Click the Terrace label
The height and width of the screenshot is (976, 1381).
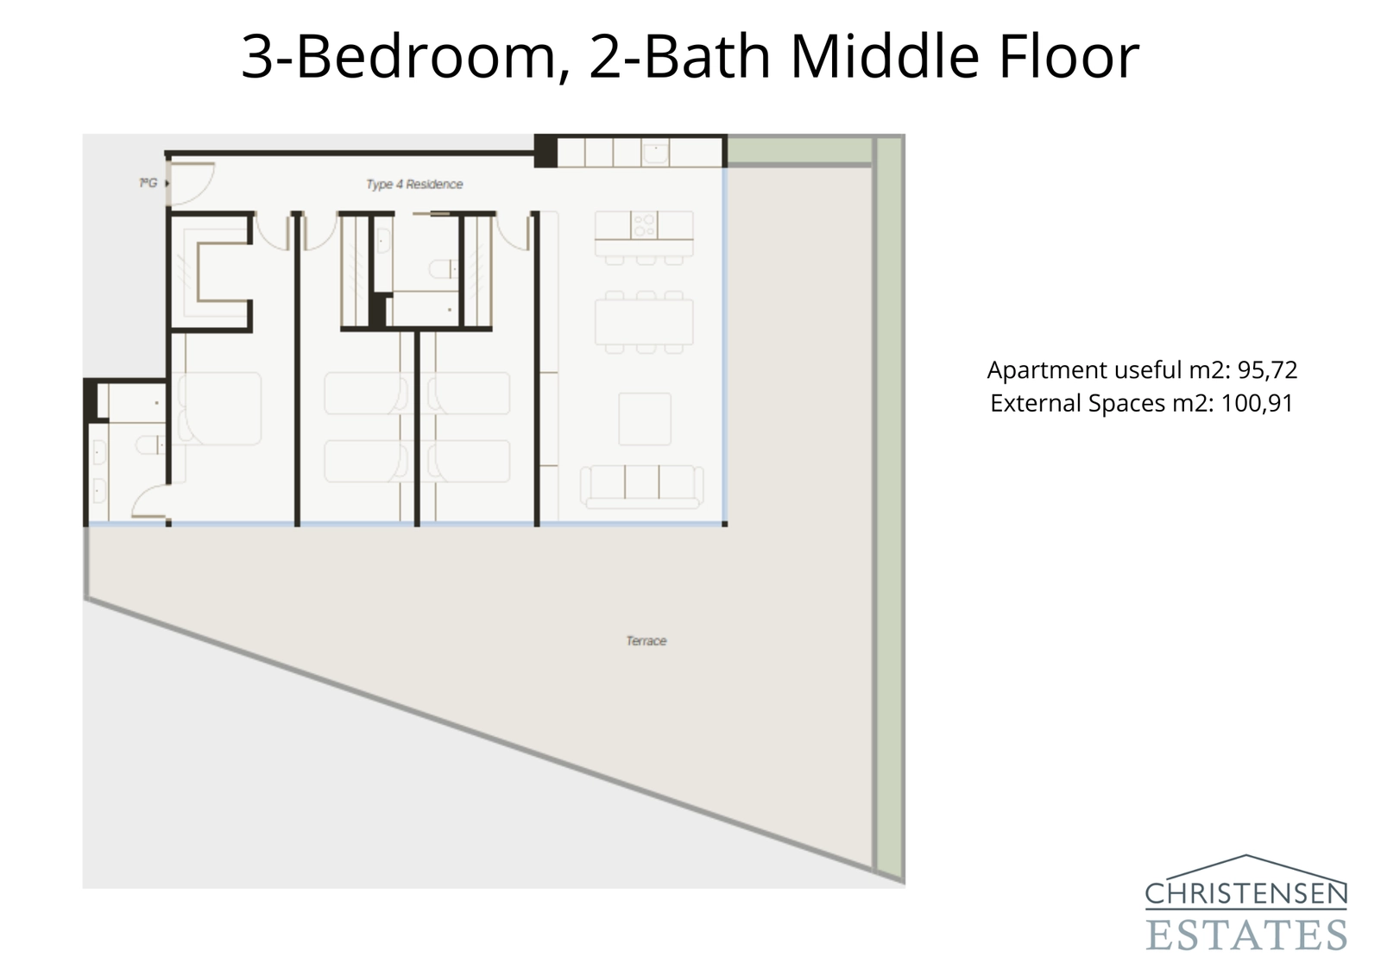click(x=646, y=641)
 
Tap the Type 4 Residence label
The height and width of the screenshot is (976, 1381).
click(x=414, y=184)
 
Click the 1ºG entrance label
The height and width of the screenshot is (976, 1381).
click(x=148, y=183)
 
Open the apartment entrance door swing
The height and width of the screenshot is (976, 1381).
click(x=188, y=185)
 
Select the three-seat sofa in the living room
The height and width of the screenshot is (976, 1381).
click(x=640, y=485)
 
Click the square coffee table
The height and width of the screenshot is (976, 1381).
click(x=645, y=419)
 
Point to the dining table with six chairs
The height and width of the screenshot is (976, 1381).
click(x=643, y=322)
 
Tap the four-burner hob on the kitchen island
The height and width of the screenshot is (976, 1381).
click(x=644, y=225)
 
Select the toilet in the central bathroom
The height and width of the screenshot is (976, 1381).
click(x=445, y=270)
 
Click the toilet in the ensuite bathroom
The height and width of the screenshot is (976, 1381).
click(x=152, y=445)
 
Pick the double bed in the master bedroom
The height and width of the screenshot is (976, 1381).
click(x=219, y=408)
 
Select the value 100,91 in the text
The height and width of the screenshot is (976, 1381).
click(x=1256, y=403)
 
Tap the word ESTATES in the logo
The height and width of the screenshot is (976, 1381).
click(x=1245, y=935)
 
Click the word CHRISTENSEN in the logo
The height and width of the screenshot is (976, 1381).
click(x=1245, y=894)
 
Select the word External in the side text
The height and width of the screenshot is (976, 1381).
click(x=1032, y=403)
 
